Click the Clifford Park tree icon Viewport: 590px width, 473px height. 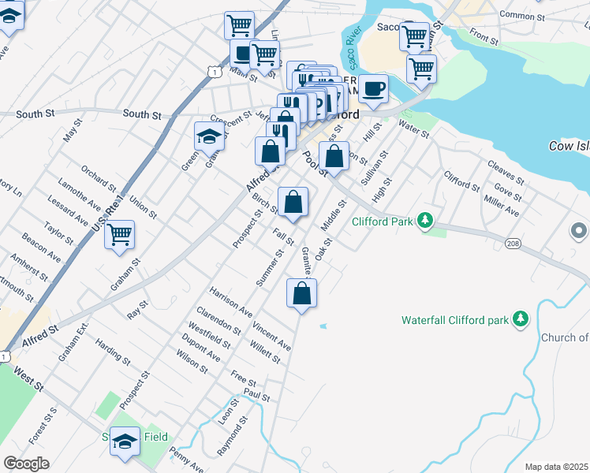(x=425, y=220)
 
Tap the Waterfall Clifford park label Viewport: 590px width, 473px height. (x=453, y=320)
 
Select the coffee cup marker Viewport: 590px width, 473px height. (x=373, y=89)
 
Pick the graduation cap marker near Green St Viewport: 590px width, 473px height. (x=208, y=137)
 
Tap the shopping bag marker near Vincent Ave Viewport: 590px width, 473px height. (x=301, y=295)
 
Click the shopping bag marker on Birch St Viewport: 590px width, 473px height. (x=293, y=203)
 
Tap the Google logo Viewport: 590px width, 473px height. (x=26, y=464)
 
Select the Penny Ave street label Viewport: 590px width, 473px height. (x=186, y=463)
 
